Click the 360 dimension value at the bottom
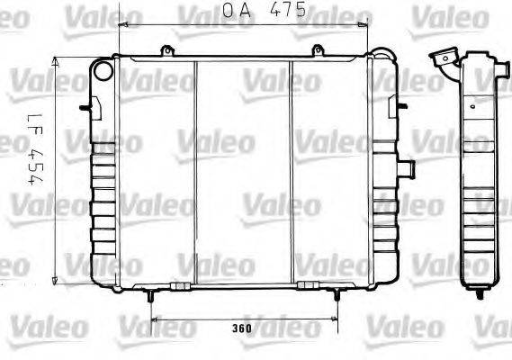[240, 328]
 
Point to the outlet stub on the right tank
[407, 167]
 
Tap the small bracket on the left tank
[85, 108]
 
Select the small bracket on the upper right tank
[392, 106]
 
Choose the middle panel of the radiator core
[243, 171]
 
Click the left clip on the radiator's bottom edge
[180, 285]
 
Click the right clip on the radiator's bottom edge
[308, 285]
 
